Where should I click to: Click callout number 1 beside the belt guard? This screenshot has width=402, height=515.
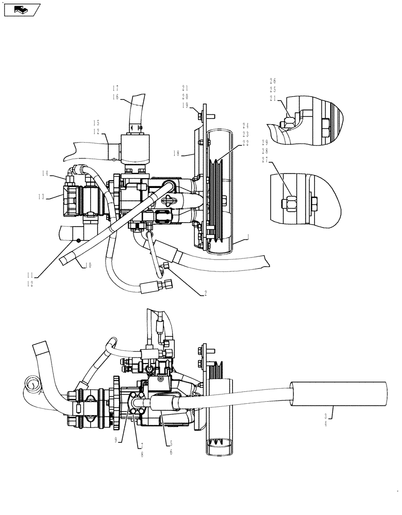tap(248, 236)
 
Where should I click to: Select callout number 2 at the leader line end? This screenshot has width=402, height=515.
tap(205, 293)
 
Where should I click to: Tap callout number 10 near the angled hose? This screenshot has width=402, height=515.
tap(88, 265)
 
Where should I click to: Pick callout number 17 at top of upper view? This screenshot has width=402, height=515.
tap(116, 88)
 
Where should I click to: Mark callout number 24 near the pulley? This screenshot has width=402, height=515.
tap(246, 125)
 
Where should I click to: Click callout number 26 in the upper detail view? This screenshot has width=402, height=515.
tap(273, 80)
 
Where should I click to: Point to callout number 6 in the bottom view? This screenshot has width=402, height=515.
tap(171, 452)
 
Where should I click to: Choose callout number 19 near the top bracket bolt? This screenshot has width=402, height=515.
tap(185, 105)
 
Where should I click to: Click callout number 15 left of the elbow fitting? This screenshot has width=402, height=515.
tap(96, 123)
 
